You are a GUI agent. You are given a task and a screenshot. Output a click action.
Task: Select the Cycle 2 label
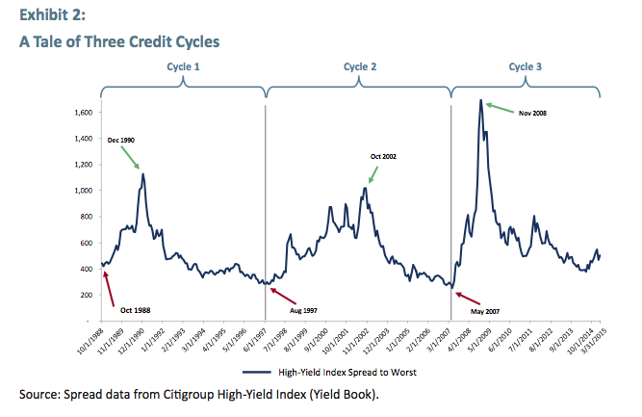click(360, 66)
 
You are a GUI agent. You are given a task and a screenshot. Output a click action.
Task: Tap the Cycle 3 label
click(526, 66)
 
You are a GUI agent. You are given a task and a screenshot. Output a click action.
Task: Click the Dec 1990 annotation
click(120, 142)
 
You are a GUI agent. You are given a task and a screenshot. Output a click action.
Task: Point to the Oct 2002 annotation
click(383, 156)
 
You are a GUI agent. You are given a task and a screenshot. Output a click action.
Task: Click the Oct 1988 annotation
click(135, 309)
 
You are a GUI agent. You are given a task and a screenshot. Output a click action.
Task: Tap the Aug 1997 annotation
click(303, 311)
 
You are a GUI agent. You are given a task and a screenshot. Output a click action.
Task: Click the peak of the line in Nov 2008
click(480, 100)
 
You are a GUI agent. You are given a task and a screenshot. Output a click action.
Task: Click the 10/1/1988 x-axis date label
click(90, 343)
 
